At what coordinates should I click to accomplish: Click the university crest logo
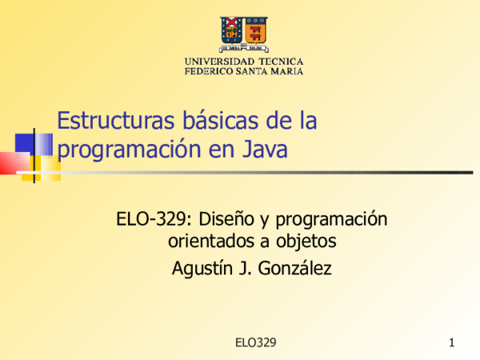244,33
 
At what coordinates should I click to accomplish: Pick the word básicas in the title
206,122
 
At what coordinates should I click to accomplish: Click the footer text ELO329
256,342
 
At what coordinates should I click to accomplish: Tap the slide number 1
452,343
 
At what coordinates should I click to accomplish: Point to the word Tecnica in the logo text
281,62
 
